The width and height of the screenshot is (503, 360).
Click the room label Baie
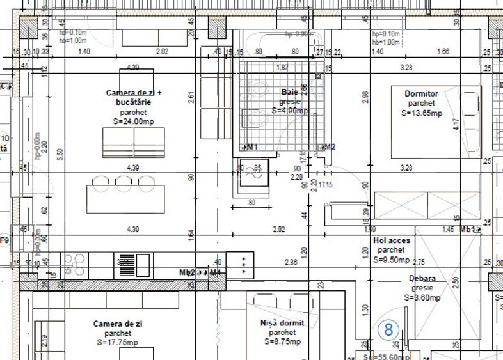289,92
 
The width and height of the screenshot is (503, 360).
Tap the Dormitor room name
421,94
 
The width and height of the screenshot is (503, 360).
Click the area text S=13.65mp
421,113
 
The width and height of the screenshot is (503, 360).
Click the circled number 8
388,329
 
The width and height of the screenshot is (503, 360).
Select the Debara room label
422,279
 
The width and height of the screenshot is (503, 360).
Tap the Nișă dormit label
282,323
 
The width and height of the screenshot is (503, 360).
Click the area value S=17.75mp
117,342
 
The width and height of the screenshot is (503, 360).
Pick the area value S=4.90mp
290,111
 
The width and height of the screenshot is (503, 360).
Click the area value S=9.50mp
391,260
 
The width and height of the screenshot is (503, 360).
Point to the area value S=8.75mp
282,342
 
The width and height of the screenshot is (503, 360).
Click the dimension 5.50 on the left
60,153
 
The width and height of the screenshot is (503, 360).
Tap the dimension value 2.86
291,262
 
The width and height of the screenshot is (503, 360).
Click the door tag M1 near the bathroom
251,147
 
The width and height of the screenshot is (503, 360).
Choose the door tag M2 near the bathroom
330,147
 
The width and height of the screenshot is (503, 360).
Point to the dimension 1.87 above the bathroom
282,67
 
